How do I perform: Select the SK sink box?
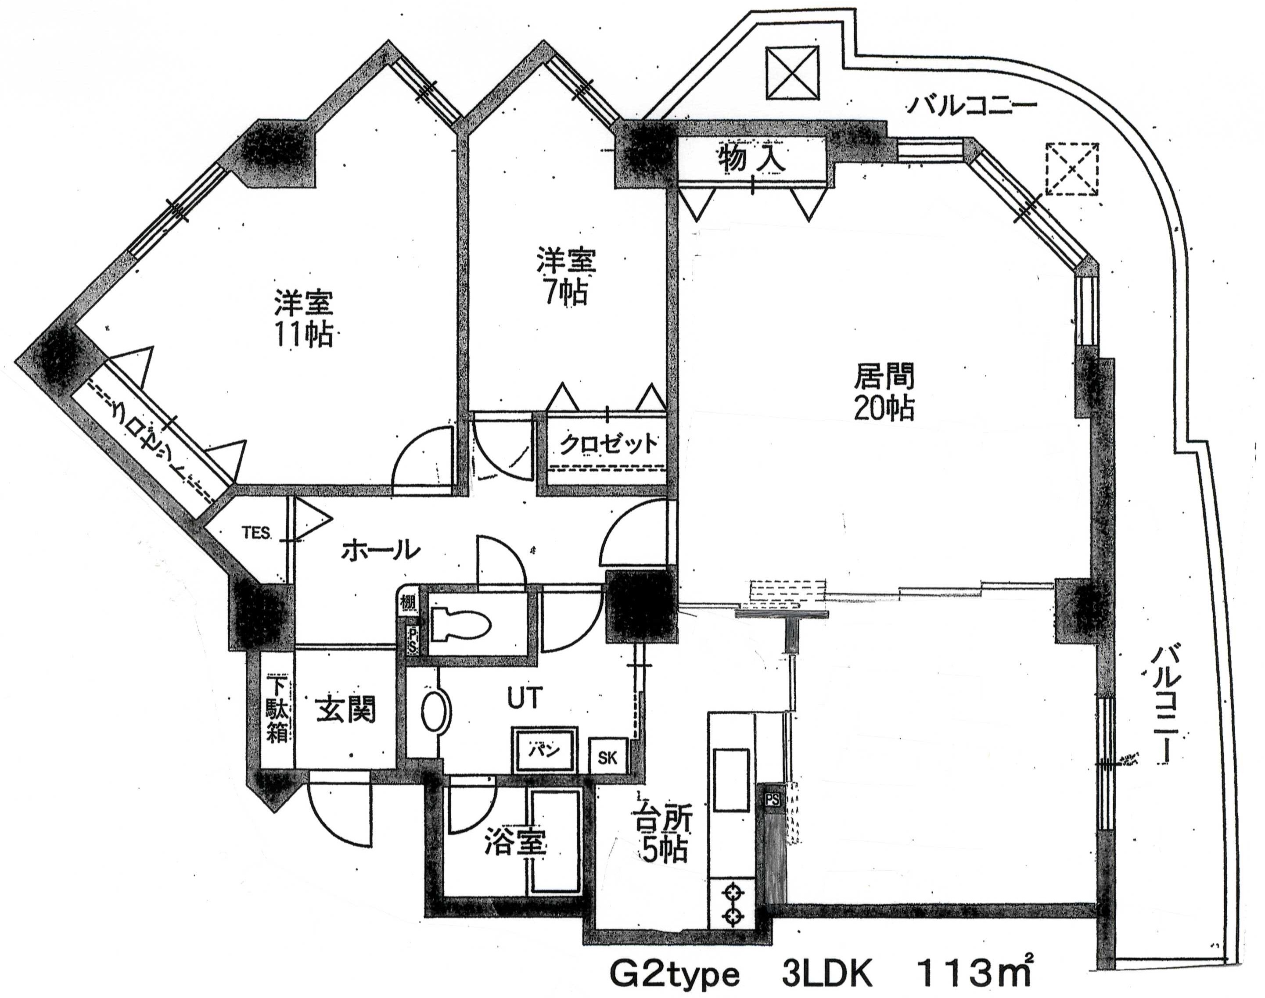coord(607,758)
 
